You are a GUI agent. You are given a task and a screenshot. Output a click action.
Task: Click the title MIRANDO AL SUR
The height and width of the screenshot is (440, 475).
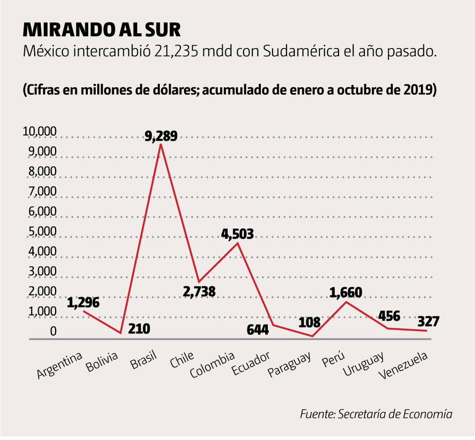click(x=102, y=30)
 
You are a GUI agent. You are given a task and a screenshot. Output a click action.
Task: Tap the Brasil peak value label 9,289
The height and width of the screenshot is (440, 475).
click(x=160, y=135)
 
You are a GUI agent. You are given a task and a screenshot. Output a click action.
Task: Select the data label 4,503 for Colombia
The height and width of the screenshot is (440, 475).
click(x=237, y=234)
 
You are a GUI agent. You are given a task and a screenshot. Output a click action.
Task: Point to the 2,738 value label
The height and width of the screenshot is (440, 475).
click(x=199, y=291)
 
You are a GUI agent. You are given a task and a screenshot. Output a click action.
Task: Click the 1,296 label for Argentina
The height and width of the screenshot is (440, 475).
click(x=83, y=302)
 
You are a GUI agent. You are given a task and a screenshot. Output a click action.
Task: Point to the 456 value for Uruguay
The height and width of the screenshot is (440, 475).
click(x=389, y=317)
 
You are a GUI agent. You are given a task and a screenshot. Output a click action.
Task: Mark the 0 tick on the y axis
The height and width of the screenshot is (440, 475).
click(x=53, y=331)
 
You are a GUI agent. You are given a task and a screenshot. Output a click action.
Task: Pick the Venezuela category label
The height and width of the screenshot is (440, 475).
click(x=403, y=367)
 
